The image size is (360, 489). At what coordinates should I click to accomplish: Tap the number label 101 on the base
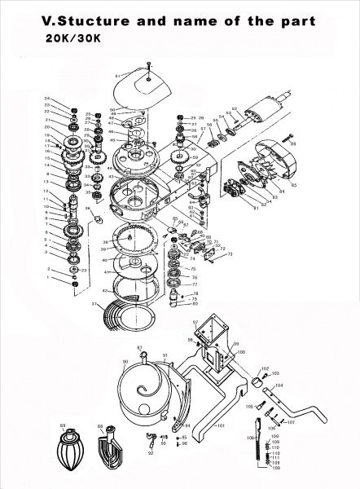pyautogui.click(x=219, y=426)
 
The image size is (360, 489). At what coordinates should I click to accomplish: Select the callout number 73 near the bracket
pyautogui.click(x=231, y=255)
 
